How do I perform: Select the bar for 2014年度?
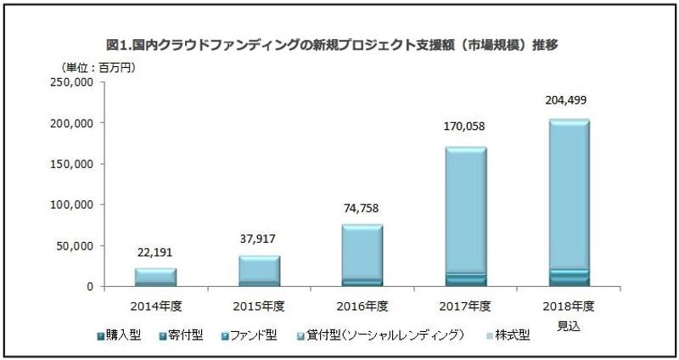tap(155, 278)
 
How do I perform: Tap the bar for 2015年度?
tap(260, 271)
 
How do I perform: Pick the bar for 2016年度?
tap(362, 256)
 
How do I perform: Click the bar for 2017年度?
tap(466, 217)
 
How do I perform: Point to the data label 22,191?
tap(155, 252)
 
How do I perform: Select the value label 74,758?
tap(362, 209)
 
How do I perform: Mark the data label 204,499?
tap(570, 100)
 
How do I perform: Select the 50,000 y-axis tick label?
tap(75, 246)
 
